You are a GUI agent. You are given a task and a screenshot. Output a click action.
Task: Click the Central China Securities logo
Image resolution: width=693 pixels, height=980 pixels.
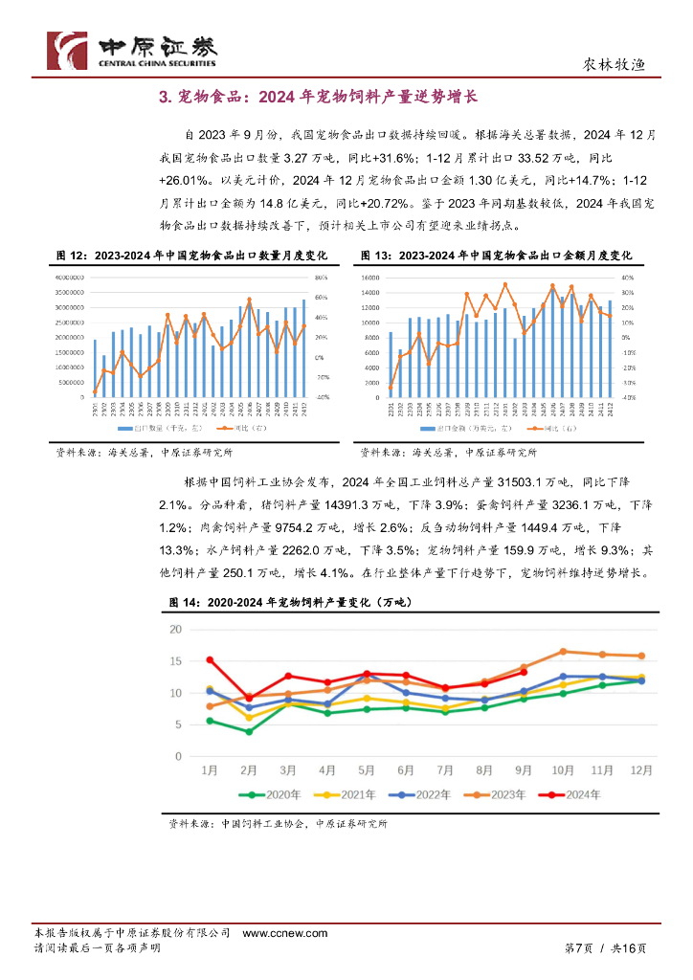tap(132, 49)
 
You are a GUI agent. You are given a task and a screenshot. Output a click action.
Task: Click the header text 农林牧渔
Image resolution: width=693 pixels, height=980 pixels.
tap(615, 65)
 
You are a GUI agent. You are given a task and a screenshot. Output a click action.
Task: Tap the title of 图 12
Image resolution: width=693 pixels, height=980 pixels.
tap(191, 256)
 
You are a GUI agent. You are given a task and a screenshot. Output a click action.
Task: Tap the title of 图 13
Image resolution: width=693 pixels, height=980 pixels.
tap(496, 256)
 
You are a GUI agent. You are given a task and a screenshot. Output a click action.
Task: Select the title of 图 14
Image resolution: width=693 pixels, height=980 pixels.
tap(288, 602)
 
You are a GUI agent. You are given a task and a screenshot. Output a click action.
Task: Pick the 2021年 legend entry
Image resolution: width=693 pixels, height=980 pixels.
tap(346, 794)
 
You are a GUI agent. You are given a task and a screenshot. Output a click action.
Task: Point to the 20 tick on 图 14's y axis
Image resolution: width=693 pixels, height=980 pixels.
tap(174, 629)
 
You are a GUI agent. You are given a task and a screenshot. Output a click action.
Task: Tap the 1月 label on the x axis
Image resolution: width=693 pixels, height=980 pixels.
tap(210, 770)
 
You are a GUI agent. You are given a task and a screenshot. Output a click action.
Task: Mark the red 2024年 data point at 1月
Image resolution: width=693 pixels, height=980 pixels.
tap(210, 659)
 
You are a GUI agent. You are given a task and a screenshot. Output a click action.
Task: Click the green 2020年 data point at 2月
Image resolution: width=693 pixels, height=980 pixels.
tap(249, 731)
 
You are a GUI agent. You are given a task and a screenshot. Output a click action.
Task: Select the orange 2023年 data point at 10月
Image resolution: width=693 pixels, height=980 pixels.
tap(563, 651)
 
